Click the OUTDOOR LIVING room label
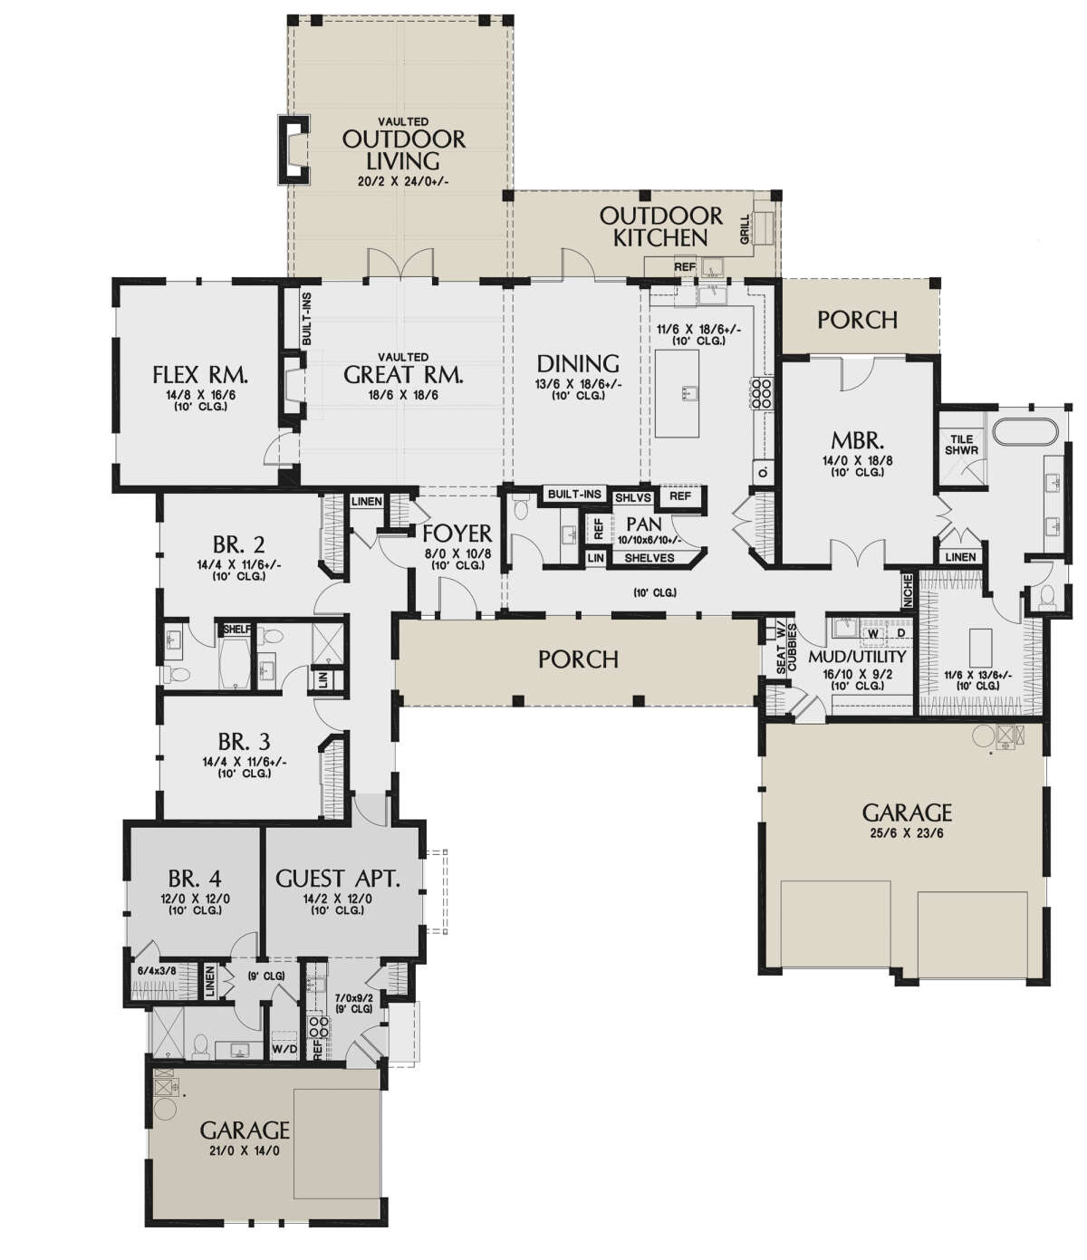point(403,150)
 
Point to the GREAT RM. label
point(404,375)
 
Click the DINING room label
point(578,364)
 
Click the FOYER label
point(457,534)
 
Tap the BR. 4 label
point(195,878)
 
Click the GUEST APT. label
point(337,878)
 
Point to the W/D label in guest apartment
point(284,1048)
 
